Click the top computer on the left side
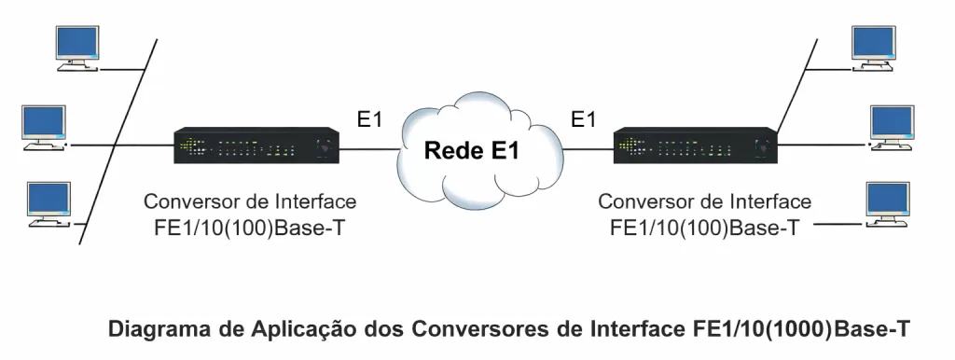[x=77, y=48]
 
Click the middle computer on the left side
[x=44, y=127]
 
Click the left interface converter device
[x=257, y=146]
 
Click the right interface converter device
[x=695, y=146]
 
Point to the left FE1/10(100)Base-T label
[x=250, y=227]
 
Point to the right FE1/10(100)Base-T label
[x=704, y=227]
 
